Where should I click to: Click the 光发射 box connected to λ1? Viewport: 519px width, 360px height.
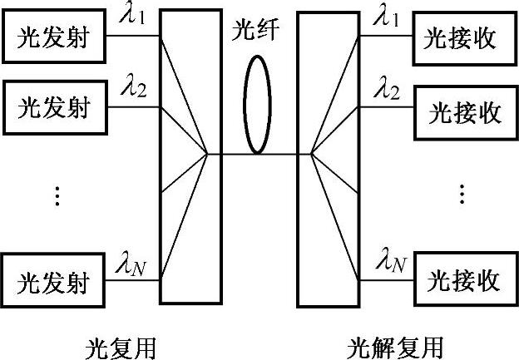[x=56, y=37]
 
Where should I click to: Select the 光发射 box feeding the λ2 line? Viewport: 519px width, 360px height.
[x=56, y=107]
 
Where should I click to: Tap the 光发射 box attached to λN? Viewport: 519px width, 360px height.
[x=56, y=282]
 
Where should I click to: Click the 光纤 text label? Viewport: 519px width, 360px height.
[x=255, y=32]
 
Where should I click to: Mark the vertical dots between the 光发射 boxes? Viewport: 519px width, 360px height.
[x=57, y=196]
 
